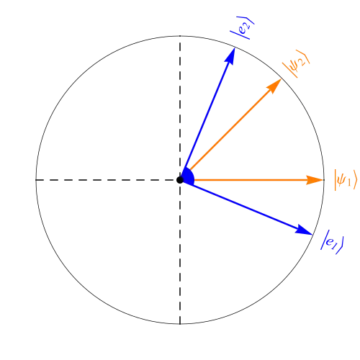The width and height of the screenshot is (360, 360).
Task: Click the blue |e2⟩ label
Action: pyautogui.click(x=242, y=27)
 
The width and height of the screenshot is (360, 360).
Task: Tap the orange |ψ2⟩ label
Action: pyautogui.click(x=296, y=63)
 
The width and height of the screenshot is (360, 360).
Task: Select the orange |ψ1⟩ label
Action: pyautogui.click(x=346, y=180)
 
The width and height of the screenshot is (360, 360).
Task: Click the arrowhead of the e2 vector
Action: pyautogui.click(x=230, y=55)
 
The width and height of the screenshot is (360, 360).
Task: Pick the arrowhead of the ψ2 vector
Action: pyautogui.click(x=274, y=86)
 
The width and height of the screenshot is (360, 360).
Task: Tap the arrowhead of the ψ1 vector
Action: pyautogui.click(x=315, y=180)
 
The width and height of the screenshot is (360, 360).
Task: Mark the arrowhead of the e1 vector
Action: pyautogui.click(x=304, y=230)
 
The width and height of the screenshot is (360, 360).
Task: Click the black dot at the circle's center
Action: pyautogui.click(x=180, y=180)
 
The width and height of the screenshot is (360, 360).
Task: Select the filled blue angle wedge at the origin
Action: pyautogui.click(x=188, y=177)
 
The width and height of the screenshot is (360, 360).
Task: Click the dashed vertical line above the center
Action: pyautogui.click(x=180, y=106)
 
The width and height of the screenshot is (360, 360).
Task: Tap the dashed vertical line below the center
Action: pyautogui.click(x=180, y=254)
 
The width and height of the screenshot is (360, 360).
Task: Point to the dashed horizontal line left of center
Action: pyautogui.click(x=106, y=180)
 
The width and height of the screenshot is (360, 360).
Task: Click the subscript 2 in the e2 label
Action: pyautogui.click(x=248, y=24)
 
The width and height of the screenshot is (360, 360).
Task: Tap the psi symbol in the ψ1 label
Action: pyautogui.click(x=341, y=180)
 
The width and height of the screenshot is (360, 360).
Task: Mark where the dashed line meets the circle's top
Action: pyautogui.click(x=180, y=36)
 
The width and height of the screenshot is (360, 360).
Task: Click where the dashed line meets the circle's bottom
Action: pyautogui.click(x=180, y=324)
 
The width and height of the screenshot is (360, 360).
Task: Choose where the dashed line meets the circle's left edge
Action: pyautogui.click(x=36, y=180)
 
